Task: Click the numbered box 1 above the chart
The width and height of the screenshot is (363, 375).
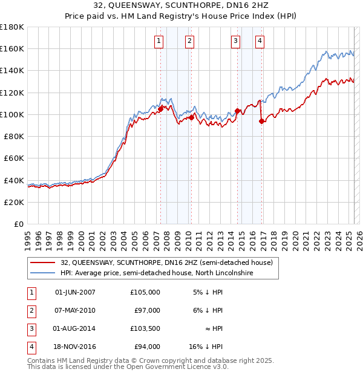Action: point(159,41)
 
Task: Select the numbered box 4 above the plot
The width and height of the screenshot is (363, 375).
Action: point(260,41)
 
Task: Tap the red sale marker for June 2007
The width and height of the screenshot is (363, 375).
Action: point(160,109)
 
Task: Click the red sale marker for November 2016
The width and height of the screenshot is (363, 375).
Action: point(261,121)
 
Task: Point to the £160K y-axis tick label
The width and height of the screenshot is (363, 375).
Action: point(12,48)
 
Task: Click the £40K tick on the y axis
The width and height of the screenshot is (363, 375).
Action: point(14,180)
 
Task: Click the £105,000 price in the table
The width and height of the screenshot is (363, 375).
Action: point(145,292)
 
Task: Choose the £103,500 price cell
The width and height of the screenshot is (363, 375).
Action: point(145,328)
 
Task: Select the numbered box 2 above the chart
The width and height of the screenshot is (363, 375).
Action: point(189,41)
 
